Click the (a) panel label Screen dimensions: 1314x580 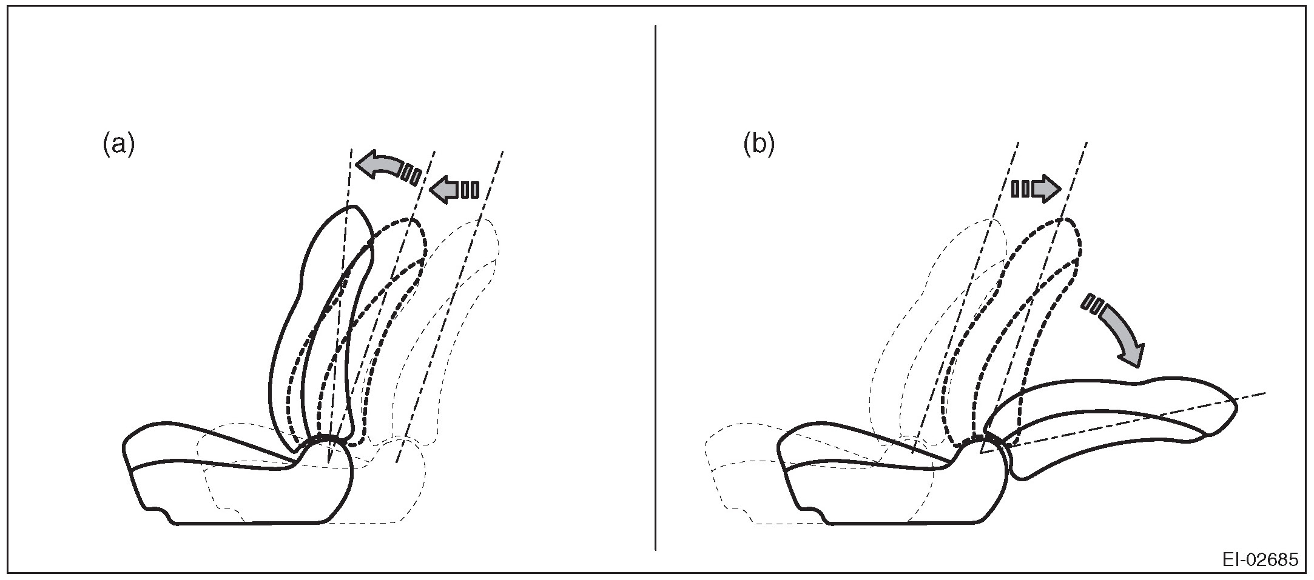coord(118,145)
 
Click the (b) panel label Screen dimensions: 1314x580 coord(759,145)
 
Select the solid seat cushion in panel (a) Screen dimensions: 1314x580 coord(237,485)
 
